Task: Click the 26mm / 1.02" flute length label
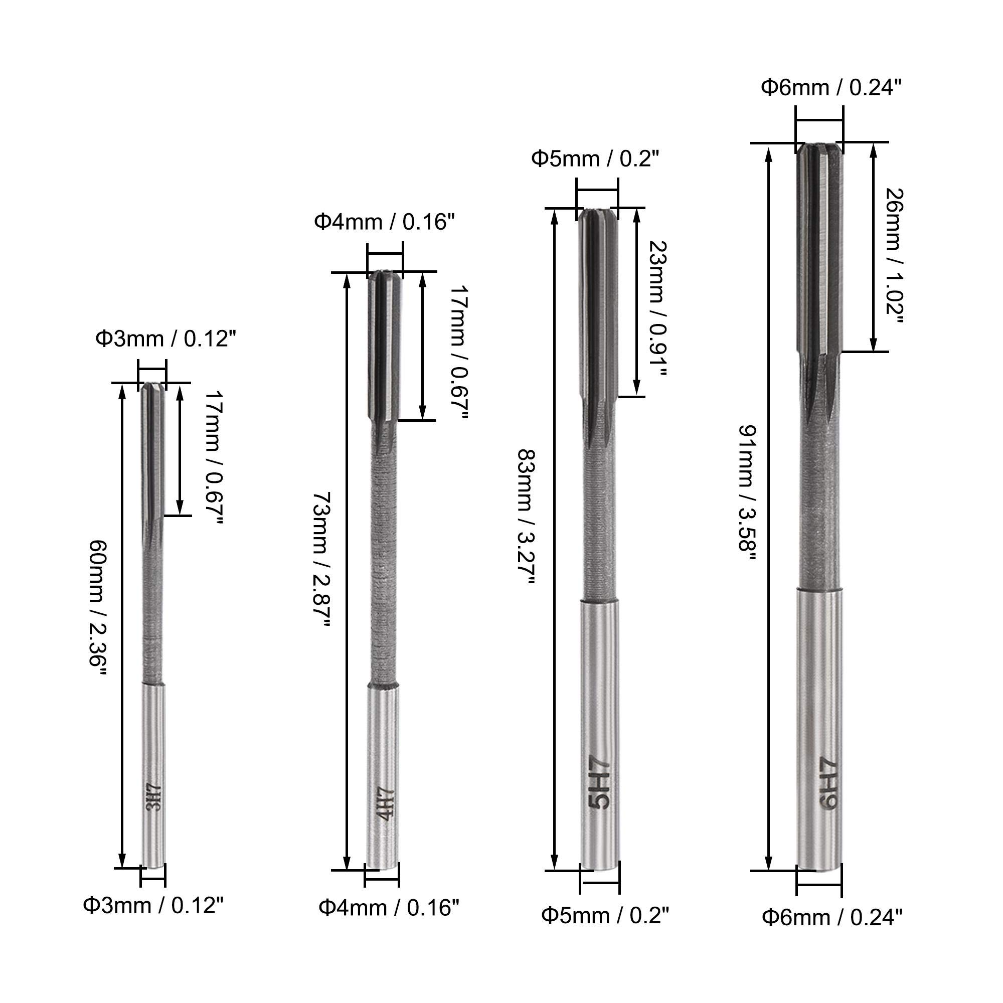(894, 255)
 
